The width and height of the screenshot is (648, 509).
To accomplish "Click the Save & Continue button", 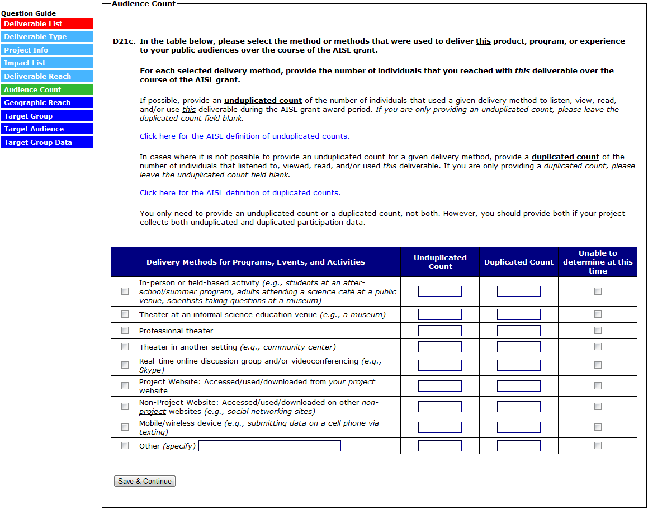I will point(145,481).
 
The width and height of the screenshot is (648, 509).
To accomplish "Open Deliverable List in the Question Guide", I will point(47,23).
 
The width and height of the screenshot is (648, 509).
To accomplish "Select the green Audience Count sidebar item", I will point(47,89).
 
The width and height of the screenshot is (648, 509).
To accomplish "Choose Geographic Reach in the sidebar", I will point(47,103).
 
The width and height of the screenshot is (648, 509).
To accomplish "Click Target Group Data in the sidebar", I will point(47,142).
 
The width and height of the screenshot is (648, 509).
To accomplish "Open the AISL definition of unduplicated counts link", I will point(244,136).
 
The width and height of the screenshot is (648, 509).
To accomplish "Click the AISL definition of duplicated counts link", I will point(240,192).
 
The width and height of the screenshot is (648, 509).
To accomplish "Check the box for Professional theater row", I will point(125,331).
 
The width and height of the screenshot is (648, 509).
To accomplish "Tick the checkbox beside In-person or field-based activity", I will point(125,291).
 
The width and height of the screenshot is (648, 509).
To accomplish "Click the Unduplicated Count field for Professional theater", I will point(439,331).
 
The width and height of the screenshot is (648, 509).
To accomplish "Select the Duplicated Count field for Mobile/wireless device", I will point(518,427).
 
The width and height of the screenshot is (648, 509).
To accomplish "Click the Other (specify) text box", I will point(269,446).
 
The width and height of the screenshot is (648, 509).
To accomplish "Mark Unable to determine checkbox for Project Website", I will point(598,386).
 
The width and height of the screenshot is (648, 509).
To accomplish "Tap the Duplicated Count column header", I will point(518,262).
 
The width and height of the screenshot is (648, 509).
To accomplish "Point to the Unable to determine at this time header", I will point(598,262).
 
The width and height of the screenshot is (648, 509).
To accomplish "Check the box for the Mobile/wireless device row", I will point(125,427).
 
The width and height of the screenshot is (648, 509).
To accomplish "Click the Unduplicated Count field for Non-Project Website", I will point(439,407).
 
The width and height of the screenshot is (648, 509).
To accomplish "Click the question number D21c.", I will point(124,41).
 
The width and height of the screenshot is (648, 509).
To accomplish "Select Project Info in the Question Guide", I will point(47,50).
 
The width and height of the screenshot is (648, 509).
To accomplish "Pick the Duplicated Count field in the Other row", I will point(518,446).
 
